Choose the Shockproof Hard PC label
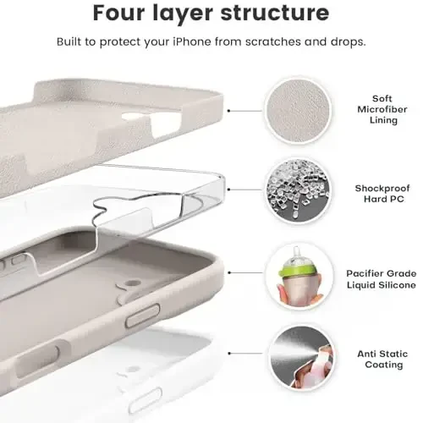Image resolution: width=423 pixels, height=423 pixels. tap(382, 194)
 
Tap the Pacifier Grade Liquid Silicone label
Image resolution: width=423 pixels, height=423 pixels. tap(382, 278)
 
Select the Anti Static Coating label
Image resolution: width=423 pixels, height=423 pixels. tap(382, 360)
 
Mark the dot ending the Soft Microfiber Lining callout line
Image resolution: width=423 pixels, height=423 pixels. tap(232, 110)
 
